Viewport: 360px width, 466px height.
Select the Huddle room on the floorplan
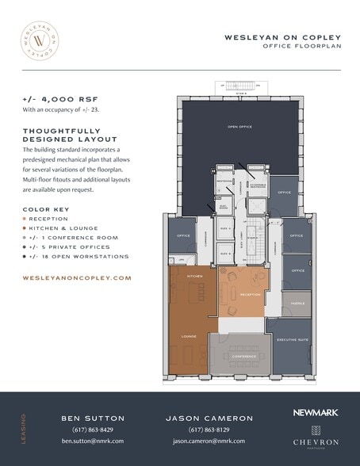tap(297, 304)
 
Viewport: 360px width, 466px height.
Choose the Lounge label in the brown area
tap(188, 336)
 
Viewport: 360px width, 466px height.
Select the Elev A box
tap(223, 227)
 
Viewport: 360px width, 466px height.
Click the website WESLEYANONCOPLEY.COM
tap(77, 278)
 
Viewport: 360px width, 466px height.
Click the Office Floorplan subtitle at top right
tap(301, 47)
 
